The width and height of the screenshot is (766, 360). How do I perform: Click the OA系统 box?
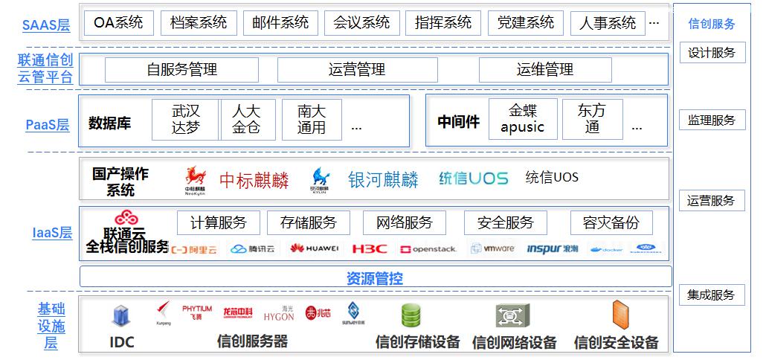pyautogui.click(x=118, y=23)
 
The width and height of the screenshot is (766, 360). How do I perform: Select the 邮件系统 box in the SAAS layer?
pyautogui.click(x=280, y=23)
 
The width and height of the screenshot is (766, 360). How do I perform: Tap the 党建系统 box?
pyautogui.click(x=526, y=23)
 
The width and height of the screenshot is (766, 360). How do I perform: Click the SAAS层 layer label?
pyautogui.click(x=46, y=25)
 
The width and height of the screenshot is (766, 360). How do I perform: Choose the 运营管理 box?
pyautogui.click(x=357, y=70)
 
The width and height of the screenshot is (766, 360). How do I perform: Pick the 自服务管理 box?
pyautogui.click(x=181, y=70)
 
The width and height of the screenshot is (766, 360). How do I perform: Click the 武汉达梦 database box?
pyautogui.click(x=186, y=119)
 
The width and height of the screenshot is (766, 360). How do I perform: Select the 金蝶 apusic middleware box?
pyautogui.click(x=522, y=119)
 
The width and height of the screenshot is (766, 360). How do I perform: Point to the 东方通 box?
pyautogui.click(x=592, y=119)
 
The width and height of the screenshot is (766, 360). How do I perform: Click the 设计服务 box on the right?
pyautogui.click(x=712, y=53)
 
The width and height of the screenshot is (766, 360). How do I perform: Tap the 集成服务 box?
pyautogui.click(x=712, y=295)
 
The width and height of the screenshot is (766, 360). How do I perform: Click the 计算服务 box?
pyautogui.click(x=218, y=222)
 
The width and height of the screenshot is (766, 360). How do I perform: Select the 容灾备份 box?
pyautogui.click(x=611, y=222)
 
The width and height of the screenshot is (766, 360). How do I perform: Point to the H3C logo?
pyautogui.click(x=370, y=248)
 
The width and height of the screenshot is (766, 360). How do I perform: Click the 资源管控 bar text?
pyautogui.click(x=375, y=279)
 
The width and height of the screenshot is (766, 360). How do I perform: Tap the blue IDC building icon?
pyautogui.click(x=121, y=318)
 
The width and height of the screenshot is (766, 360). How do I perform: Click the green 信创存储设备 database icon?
pyautogui.click(x=411, y=316)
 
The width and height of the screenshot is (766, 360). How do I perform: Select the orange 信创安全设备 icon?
pyautogui.click(x=619, y=315)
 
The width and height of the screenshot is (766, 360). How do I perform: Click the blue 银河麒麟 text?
pyautogui.click(x=383, y=179)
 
